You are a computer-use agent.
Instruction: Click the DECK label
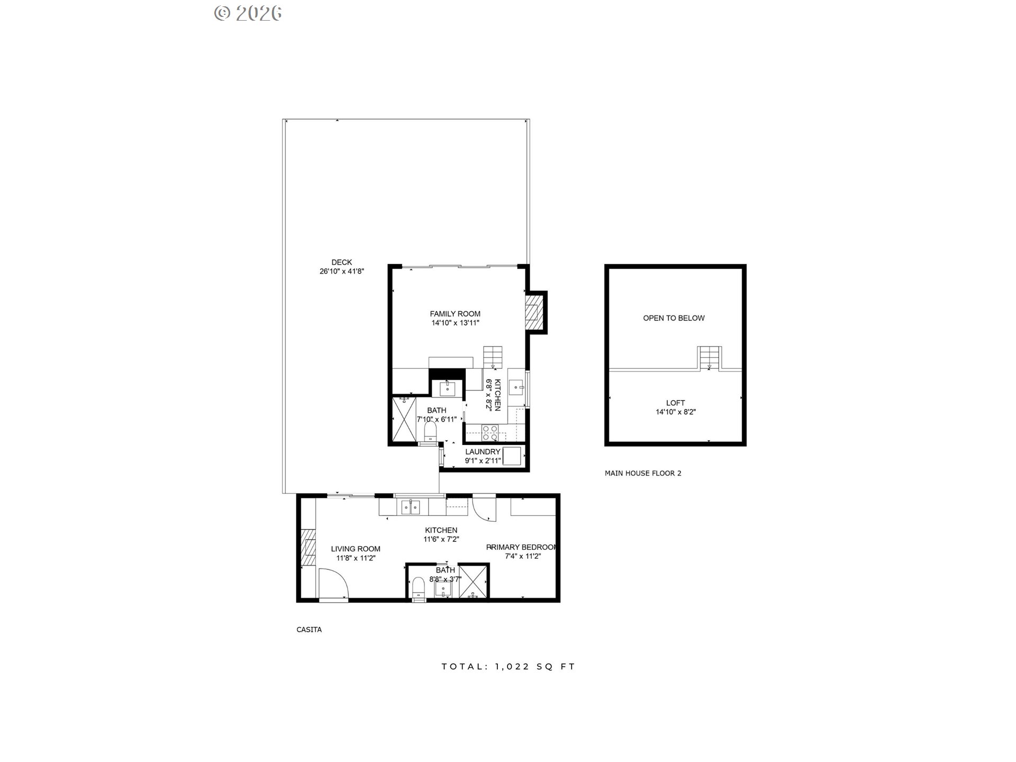point(341,262)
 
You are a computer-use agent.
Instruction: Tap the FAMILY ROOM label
point(455,314)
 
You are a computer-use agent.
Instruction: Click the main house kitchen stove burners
point(490,433)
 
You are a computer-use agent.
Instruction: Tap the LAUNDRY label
point(483,451)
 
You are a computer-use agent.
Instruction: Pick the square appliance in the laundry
point(511,456)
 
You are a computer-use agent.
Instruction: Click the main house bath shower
point(404,420)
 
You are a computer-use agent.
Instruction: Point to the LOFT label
point(676,403)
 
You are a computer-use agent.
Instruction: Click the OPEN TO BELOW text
point(674,318)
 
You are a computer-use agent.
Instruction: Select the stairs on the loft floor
point(709,358)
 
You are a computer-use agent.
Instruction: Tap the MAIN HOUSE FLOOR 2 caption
point(643,473)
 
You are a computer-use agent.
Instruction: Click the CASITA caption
point(309,630)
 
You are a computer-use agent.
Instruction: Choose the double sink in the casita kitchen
point(411,507)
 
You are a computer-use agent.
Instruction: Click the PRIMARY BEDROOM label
point(522,547)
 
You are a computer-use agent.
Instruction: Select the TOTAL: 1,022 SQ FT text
point(509,667)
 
